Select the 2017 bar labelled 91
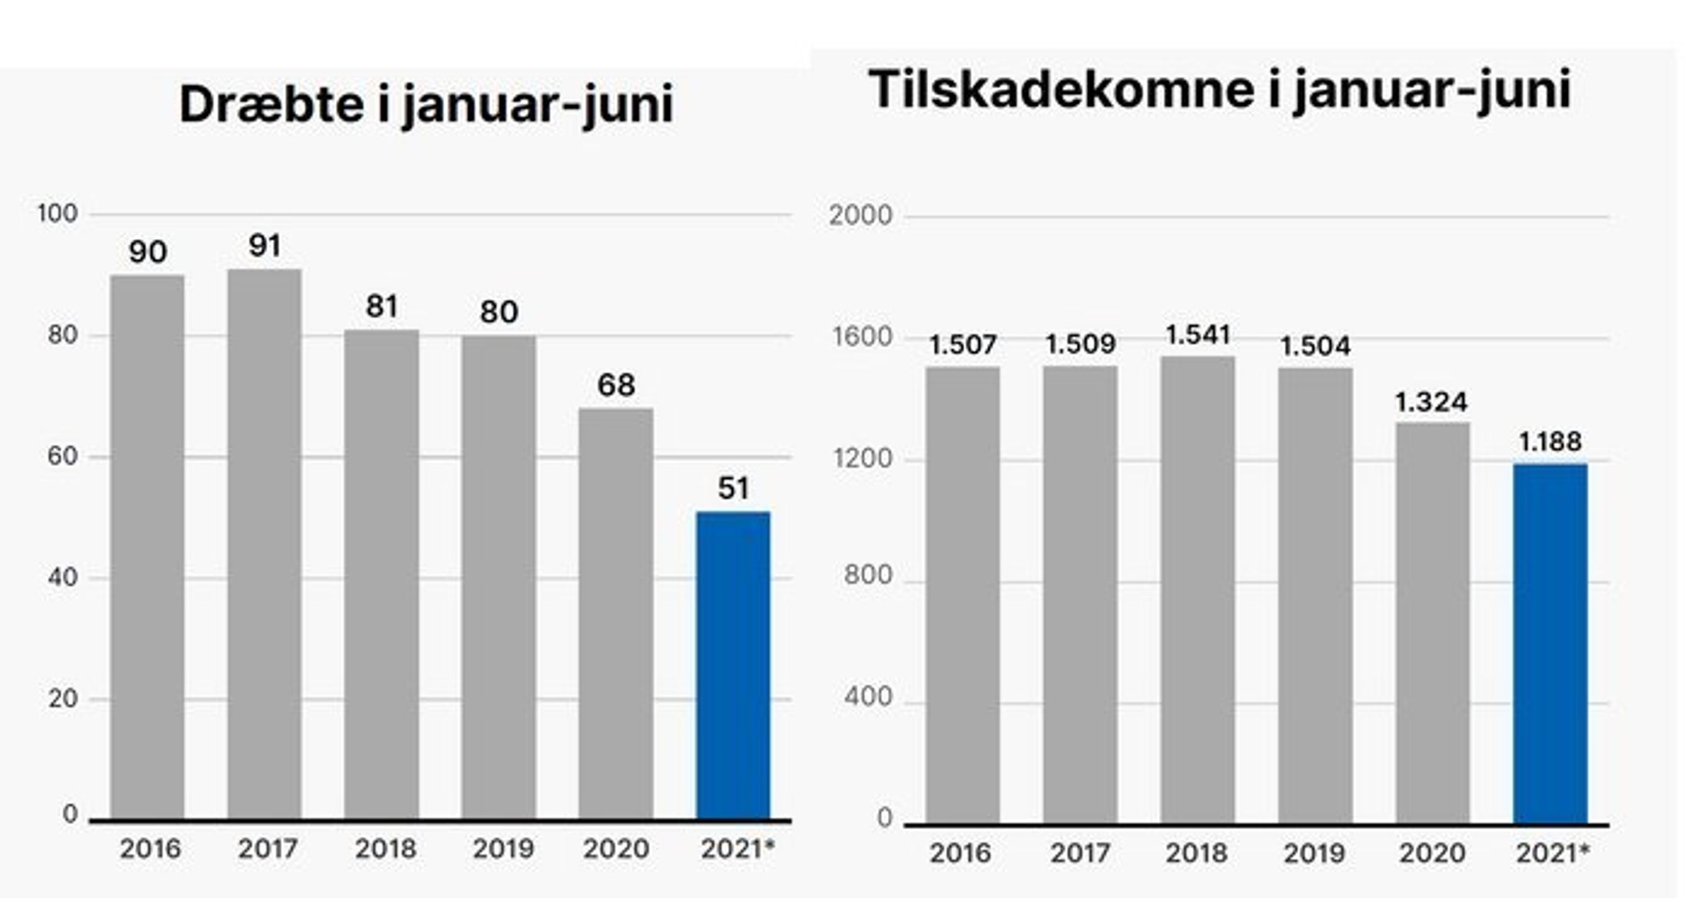(x=264, y=545)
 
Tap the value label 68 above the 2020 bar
(x=616, y=385)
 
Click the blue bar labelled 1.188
(x=1550, y=643)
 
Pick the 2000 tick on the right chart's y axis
(x=860, y=216)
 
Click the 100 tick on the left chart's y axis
(x=57, y=214)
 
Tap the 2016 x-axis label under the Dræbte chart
(x=150, y=850)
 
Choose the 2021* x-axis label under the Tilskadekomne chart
(x=1553, y=853)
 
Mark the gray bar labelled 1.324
(x=1433, y=623)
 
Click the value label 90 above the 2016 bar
(x=148, y=252)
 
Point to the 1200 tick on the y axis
(x=862, y=458)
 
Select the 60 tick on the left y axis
(x=62, y=457)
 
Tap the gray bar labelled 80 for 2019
(x=499, y=578)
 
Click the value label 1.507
(x=963, y=345)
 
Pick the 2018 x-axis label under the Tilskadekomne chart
(x=1197, y=853)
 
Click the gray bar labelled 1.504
(x=1315, y=596)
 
